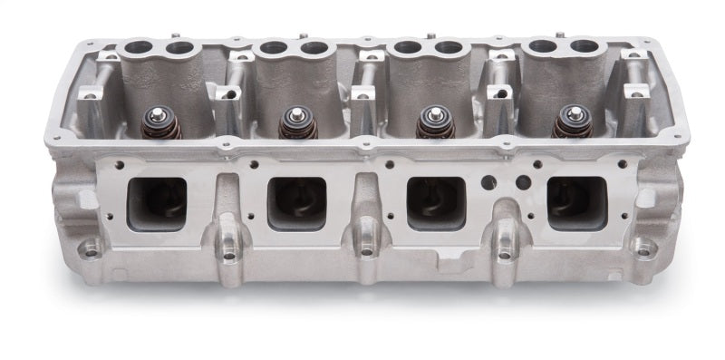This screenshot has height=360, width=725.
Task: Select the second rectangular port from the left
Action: coord(298,201)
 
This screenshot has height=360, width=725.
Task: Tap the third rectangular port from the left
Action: coord(436,201)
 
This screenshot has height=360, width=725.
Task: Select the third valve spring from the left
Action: coord(432,122)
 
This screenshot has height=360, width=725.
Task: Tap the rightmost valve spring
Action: coord(571,122)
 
